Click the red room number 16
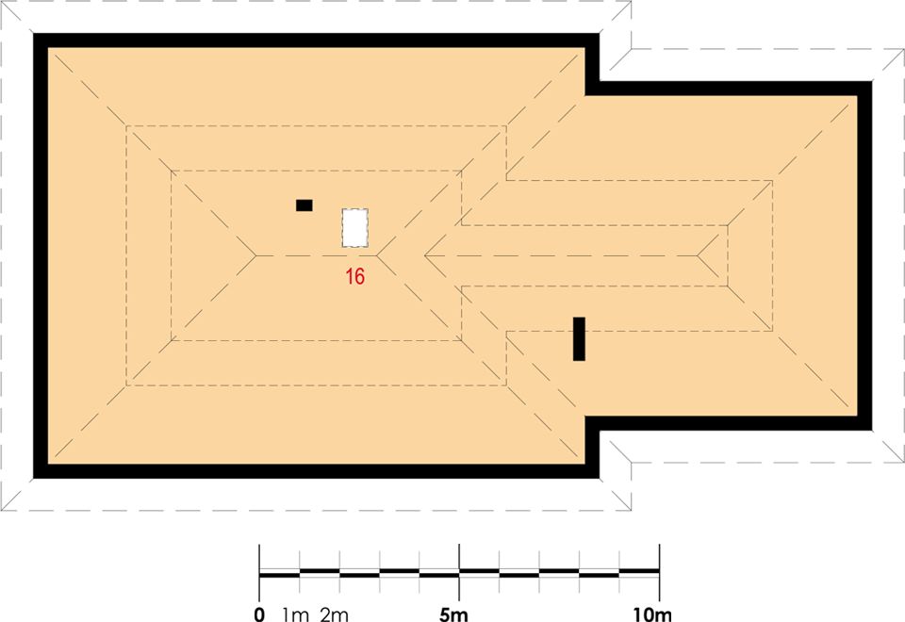[x=355, y=276]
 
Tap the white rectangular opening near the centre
[x=355, y=227]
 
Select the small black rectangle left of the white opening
[x=304, y=205]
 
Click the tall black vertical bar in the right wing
[x=579, y=338]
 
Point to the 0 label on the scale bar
[x=259, y=614]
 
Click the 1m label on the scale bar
[x=295, y=614]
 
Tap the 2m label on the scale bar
[x=334, y=614]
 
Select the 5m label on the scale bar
[x=453, y=614]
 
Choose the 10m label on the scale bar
[x=652, y=614]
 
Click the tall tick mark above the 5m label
[x=459, y=572]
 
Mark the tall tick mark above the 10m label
[x=659, y=572]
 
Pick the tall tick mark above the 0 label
[x=259, y=572]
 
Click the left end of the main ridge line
[x=256, y=255]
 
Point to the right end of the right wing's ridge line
[x=698, y=255]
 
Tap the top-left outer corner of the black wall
[x=34, y=34]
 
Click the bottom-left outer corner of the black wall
[x=34, y=479]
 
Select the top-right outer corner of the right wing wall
[x=871, y=81]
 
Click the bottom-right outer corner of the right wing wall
[x=871, y=431]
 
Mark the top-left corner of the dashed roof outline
[x=1, y=1]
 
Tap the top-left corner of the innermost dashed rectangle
[x=172, y=171]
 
